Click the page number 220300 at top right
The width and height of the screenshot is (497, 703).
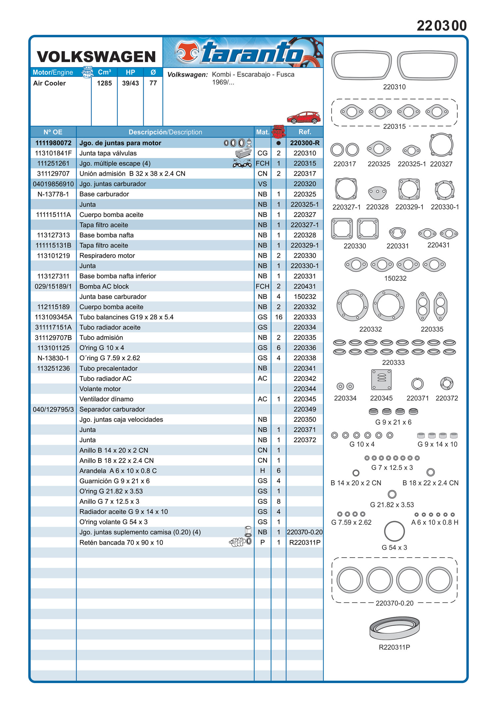click(x=442, y=26)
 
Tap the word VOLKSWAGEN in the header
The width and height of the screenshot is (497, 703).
click(x=96, y=57)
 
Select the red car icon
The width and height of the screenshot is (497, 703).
click(x=304, y=117)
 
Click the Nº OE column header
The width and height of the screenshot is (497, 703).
click(x=53, y=132)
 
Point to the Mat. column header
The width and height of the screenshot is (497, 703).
click(x=262, y=132)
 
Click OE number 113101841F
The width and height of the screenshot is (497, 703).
click(x=53, y=153)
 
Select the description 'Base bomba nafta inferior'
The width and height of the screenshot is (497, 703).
click(x=118, y=276)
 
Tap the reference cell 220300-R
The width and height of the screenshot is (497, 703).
click(x=304, y=143)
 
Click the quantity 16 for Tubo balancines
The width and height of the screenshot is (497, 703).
click(x=279, y=317)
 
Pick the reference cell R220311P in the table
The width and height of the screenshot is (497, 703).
click(x=304, y=542)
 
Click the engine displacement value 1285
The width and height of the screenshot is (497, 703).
click(x=104, y=83)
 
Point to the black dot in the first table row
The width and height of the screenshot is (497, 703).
click(x=279, y=143)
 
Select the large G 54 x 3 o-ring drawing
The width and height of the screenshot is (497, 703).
click(x=394, y=531)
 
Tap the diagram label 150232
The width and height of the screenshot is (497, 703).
click(x=395, y=278)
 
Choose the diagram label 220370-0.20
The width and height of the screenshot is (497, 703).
click(x=394, y=603)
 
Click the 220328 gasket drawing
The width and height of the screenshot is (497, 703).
click(x=377, y=192)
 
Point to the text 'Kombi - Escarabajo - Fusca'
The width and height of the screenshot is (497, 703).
click(x=253, y=75)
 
